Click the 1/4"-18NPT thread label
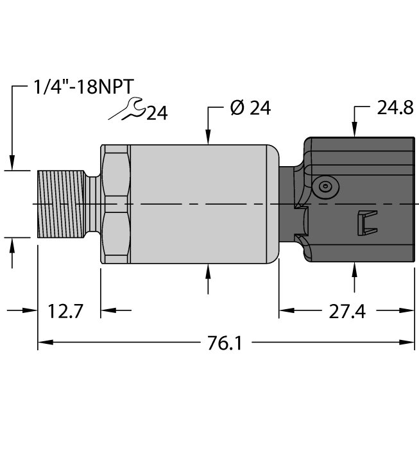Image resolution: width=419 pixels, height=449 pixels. coord(83,86)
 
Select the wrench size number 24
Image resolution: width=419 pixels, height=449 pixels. coord(157,113)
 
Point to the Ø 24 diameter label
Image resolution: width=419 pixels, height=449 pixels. coord(250,108)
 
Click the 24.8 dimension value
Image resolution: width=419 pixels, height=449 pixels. coord(395,108)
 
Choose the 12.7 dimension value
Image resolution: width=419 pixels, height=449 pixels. coord(65,311)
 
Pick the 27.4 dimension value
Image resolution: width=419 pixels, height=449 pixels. coord(347,312)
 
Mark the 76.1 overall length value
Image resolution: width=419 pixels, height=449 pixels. coord(225,343)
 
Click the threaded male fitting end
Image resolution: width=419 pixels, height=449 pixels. coord(61,204)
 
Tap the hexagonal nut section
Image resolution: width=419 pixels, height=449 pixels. coord(115,204)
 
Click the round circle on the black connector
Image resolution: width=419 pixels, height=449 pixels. coord(325,187)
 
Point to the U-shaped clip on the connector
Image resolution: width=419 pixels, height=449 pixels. coord(367,223)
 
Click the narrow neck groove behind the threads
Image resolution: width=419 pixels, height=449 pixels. coord(93,204)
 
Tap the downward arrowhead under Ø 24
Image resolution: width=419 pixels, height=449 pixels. coord(208,137)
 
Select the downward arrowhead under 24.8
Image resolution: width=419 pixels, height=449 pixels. coord(355,130)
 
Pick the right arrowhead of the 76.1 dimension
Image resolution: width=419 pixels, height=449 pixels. coord(407,342)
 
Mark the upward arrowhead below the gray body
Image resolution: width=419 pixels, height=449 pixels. coord(208,271)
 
